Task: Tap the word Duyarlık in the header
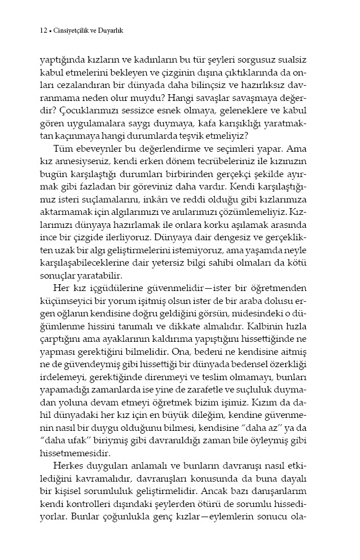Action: pos(111,32)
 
